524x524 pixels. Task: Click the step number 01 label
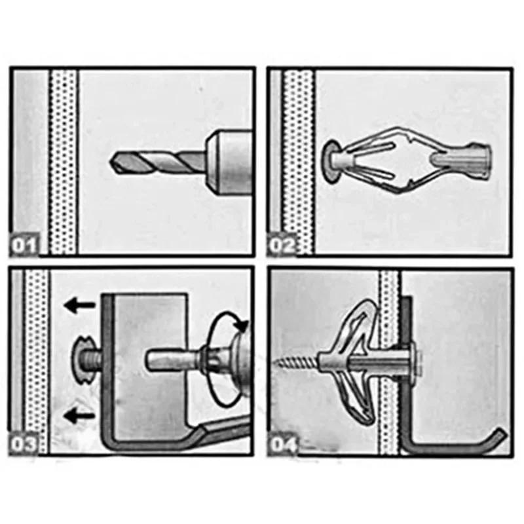pyautogui.click(x=24, y=246)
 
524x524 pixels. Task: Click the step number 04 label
pyautogui.click(x=283, y=445)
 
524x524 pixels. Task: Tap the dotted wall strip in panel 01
pyautogui.click(x=64, y=160)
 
